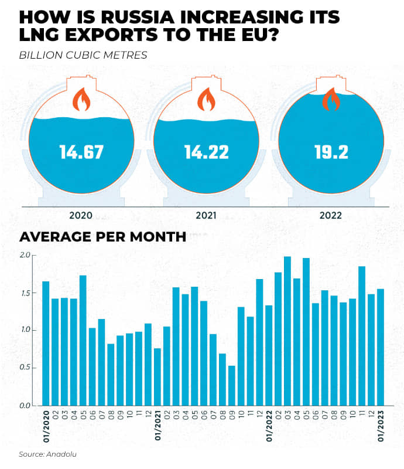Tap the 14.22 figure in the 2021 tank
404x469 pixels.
pyautogui.click(x=207, y=152)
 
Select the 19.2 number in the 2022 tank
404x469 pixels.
pyautogui.click(x=331, y=152)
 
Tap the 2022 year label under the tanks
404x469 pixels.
pyautogui.click(x=331, y=215)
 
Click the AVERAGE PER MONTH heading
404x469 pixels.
pyautogui.click(x=103, y=237)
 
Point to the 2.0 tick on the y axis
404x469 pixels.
pyautogui.click(x=24, y=256)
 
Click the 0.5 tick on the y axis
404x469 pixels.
pyautogui.click(x=24, y=368)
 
